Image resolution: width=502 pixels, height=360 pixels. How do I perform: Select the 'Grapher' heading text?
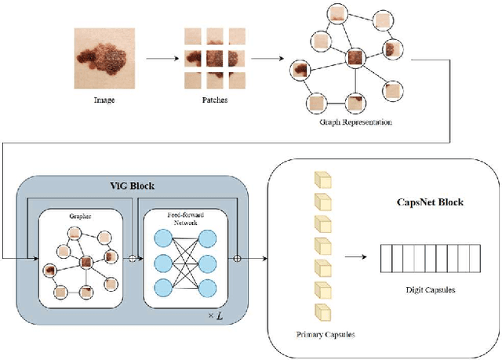[80, 213]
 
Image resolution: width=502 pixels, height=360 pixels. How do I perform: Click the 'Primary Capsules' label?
[325, 335]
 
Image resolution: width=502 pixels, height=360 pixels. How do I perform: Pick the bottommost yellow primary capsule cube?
[322, 311]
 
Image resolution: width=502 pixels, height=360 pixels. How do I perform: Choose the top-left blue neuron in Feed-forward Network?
[162, 238]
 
